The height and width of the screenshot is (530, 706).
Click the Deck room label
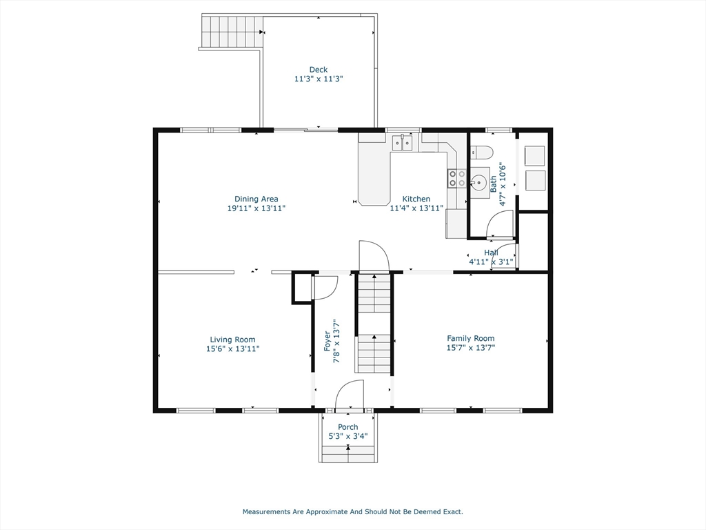tap(319, 70)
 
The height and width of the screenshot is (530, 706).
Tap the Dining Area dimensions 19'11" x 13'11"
tap(256, 208)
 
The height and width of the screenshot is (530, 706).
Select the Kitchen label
tap(416, 199)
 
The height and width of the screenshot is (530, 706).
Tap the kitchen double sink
tap(402, 142)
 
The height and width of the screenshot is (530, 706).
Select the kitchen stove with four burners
tap(456, 178)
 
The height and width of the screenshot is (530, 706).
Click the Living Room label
tap(232, 340)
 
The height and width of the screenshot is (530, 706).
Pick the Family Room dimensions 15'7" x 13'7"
tap(470, 348)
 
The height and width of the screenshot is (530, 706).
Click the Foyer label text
tap(327, 342)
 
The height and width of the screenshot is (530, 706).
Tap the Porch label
tap(348, 426)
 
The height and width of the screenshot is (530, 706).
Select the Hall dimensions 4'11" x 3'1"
tap(491, 262)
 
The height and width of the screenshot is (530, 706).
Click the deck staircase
tap(232, 31)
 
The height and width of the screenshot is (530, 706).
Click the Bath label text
tap(494, 184)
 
